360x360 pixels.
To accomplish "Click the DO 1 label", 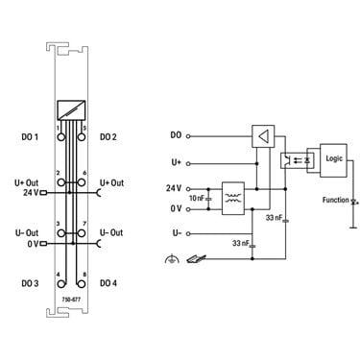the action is (30, 137).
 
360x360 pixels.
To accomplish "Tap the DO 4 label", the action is (108, 283).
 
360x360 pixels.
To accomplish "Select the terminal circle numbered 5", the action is (82, 137).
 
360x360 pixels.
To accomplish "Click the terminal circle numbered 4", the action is (60, 284).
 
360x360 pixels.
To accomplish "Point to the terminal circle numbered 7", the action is (82, 233).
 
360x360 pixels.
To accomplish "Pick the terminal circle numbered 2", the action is (60, 182).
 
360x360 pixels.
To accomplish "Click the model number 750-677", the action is (71, 300).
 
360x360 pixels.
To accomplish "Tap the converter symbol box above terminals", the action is (71, 110).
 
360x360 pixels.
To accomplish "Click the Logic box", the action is (333, 160).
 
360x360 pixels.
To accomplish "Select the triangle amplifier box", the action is (263, 136).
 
